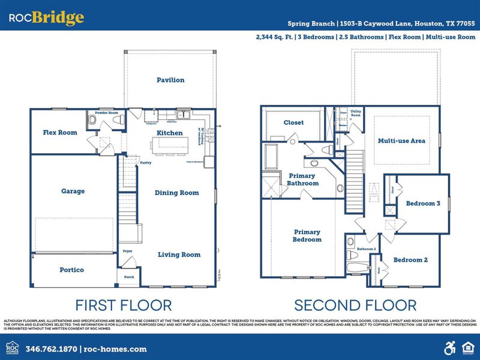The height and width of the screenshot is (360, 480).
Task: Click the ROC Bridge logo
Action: pyautogui.click(x=46, y=18)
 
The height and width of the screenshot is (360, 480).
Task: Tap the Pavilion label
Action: pyautogui.click(x=170, y=80)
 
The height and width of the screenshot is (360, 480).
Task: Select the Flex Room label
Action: pyautogui.click(x=60, y=133)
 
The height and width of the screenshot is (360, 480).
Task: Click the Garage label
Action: pyautogui.click(x=73, y=191)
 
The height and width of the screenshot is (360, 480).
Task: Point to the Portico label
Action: pyautogui.click(x=73, y=270)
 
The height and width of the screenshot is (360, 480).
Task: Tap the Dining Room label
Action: pyautogui.click(x=178, y=193)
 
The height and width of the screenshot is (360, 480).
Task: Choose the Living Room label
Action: pyautogui.click(x=179, y=255)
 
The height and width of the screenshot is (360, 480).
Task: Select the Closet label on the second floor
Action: pyautogui.click(x=293, y=122)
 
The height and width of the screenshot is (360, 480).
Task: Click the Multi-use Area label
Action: pyautogui.click(x=401, y=141)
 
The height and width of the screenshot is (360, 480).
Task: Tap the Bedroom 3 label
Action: pyautogui.click(x=423, y=203)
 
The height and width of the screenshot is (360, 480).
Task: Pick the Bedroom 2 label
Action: pyautogui.click(x=410, y=260)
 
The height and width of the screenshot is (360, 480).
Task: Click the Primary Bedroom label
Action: pyautogui.click(x=307, y=236)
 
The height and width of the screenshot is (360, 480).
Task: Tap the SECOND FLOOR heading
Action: pyautogui.click(x=355, y=305)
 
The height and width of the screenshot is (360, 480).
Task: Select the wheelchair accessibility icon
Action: pyautogui.click(x=449, y=347)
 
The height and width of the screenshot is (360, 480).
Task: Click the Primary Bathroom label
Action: pyautogui.click(x=302, y=179)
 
